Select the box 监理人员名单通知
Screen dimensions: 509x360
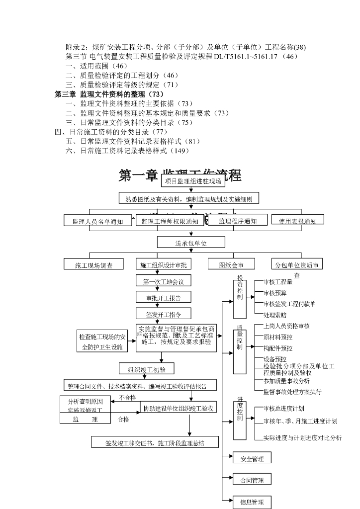pyautogui.click(x=97, y=221)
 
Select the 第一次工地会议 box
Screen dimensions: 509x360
pyautogui.click(x=164, y=282)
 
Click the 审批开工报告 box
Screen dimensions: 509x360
pyautogui.click(x=164, y=298)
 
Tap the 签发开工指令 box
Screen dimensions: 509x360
pyautogui.click(x=164, y=315)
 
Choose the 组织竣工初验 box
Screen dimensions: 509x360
pyautogui.click(x=146, y=369)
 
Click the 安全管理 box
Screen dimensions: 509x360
pyautogui.click(x=252, y=458)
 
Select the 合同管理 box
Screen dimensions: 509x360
pyautogui.click(x=252, y=481)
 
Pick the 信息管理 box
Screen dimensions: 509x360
pyautogui.click(x=252, y=502)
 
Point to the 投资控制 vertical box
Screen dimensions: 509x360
pyautogui.click(x=240, y=297)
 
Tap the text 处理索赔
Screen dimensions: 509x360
pyautogui.click(x=275, y=315)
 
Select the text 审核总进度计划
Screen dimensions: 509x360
pyautogui.click(x=284, y=409)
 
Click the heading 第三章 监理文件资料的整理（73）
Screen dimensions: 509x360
pyautogui.click(x=109, y=94)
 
